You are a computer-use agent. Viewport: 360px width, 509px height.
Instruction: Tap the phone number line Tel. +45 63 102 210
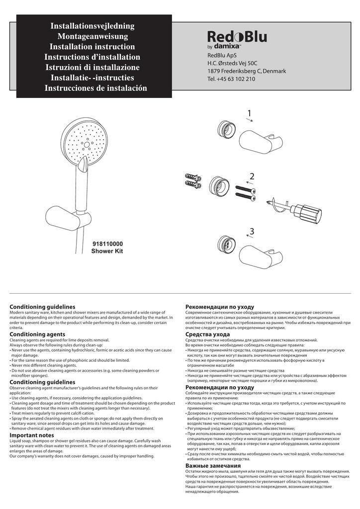click(x=231, y=79)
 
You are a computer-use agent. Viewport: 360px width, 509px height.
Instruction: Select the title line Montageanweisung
click(x=92, y=36)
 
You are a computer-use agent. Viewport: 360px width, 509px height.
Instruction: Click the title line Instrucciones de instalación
click(x=96, y=88)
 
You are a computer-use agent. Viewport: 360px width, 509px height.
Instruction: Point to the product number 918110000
click(x=107, y=244)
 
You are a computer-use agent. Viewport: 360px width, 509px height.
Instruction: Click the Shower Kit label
click(x=107, y=252)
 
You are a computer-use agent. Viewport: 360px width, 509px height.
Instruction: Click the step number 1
click(x=249, y=114)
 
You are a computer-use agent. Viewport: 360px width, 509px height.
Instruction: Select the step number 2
click(x=252, y=176)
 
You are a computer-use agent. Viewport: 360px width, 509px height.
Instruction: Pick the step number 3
click(x=252, y=231)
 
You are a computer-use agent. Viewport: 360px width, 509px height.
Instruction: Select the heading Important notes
click(x=32, y=435)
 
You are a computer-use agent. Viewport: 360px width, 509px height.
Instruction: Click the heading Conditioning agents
click(x=37, y=334)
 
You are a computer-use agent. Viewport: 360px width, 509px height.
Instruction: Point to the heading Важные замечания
click(x=213, y=466)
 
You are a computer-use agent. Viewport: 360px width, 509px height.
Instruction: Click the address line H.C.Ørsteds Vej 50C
click(x=232, y=63)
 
